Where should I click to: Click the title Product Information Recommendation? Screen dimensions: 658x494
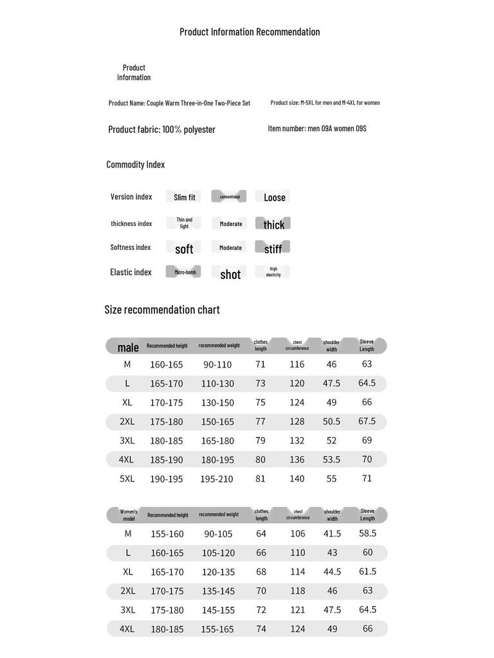tap(250, 32)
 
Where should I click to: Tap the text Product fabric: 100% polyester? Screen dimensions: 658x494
tap(161, 130)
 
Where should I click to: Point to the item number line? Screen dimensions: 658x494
tap(317, 129)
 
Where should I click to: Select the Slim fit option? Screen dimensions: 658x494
tap(184, 197)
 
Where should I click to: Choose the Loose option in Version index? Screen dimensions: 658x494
tap(274, 197)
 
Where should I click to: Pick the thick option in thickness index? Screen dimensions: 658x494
tap(273, 224)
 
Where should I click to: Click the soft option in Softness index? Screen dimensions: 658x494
tap(184, 249)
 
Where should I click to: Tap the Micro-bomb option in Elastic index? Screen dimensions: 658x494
tap(184, 272)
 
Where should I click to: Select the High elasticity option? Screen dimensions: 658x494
tap(273, 272)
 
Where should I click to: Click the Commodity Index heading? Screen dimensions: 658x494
tap(136, 164)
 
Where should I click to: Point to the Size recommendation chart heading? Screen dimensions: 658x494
tap(162, 310)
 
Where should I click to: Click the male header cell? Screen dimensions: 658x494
tap(128, 347)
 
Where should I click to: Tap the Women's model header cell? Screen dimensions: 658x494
tap(129, 515)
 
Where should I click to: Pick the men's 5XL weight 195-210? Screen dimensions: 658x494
tap(217, 479)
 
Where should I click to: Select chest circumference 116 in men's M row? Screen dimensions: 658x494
tap(297, 364)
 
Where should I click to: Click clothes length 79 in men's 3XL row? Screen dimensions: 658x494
tap(260, 441)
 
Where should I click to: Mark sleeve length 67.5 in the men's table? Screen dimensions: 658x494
tap(367, 422)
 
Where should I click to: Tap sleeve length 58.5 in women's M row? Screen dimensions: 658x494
tap(367, 533)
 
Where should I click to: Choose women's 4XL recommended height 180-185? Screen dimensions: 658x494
tap(167, 629)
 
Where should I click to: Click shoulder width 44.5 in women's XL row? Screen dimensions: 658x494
tap(332, 572)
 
